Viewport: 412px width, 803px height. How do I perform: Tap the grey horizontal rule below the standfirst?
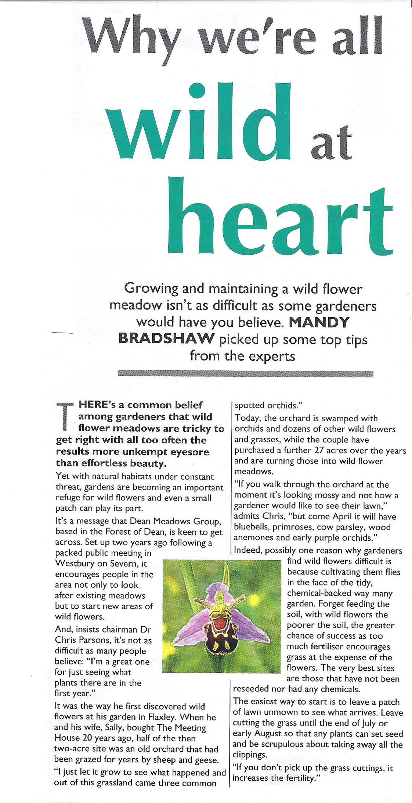245,374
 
